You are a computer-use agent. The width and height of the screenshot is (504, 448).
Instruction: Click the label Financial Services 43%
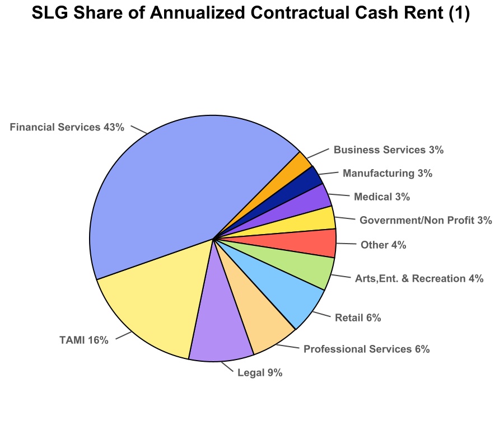pyautogui.click(x=67, y=127)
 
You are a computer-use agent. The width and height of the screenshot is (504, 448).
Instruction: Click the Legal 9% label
pyautogui.click(x=260, y=372)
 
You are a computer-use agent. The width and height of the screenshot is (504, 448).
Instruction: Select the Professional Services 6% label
pyautogui.click(x=366, y=349)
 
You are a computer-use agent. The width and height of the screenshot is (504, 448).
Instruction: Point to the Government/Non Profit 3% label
pyautogui.click(x=426, y=221)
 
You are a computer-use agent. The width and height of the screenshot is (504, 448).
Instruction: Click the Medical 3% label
pyautogui.click(x=382, y=197)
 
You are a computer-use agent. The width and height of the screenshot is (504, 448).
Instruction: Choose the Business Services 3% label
pyautogui.click(x=388, y=150)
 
